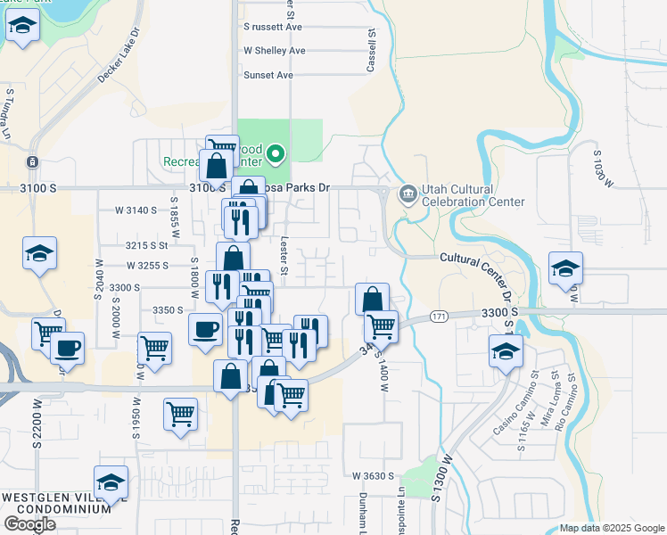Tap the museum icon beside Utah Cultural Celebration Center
coord(408,192)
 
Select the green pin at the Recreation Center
coord(276,155)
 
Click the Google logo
coord(29,524)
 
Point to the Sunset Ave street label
coord(268,75)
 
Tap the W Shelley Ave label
coord(275,51)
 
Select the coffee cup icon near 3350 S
coord(205,328)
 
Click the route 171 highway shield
coord(438,317)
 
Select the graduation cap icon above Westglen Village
coord(111,482)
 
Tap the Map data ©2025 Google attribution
coord(612,528)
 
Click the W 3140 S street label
coord(136,210)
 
